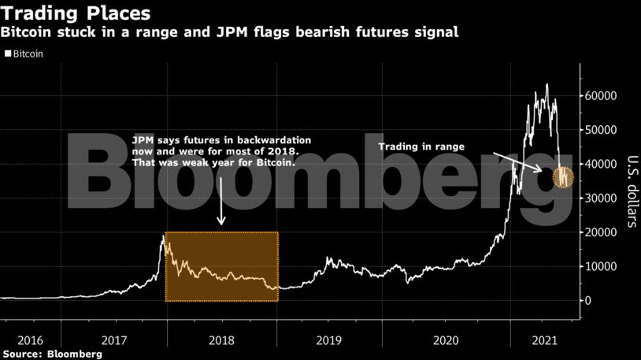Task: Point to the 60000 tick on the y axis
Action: pyautogui.click(x=600, y=95)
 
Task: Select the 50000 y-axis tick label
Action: pyautogui.click(x=600, y=130)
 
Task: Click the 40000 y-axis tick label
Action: pyautogui.click(x=600, y=164)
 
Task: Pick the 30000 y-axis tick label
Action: pyautogui.click(x=600, y=199)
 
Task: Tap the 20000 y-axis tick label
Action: pyautogui.click(x=600, y=232)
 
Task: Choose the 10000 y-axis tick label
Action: pyautogui.click(x=600, y=266)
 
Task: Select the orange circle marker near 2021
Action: pyautogui.click(x=564, y=178)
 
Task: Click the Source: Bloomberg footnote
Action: pyautogui.click(x=52, y=354)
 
